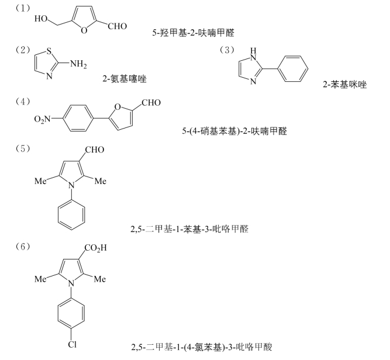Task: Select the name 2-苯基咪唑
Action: [344, 84]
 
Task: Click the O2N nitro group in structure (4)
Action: [42, 119]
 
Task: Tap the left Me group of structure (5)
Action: [41, 182]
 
